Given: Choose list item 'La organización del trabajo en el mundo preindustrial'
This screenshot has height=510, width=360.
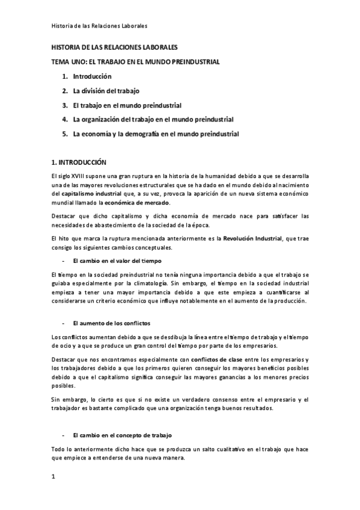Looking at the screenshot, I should coord(153,120).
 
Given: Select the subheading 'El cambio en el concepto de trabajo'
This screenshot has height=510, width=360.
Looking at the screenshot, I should coord(124,434).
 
